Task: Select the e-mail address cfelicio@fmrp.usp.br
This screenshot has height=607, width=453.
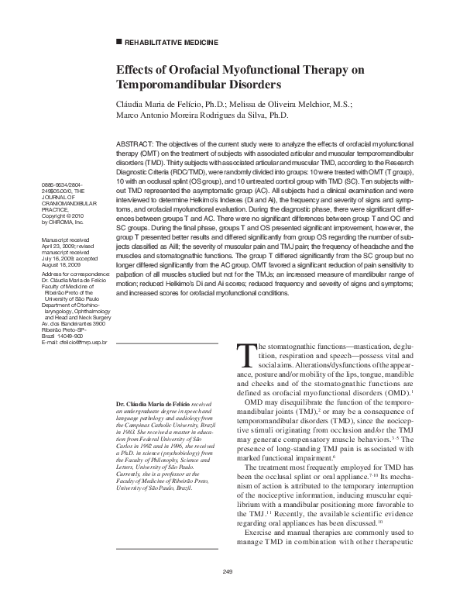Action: point(73,342)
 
